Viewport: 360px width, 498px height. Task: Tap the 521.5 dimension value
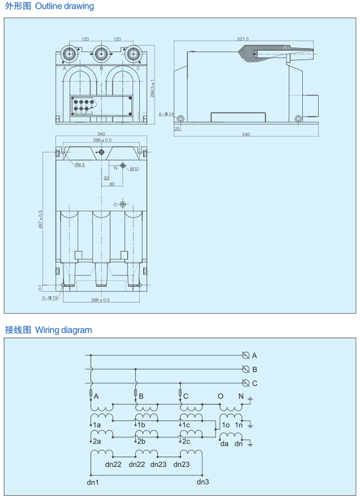[243, 39]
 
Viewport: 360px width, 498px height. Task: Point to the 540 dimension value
[246, 134]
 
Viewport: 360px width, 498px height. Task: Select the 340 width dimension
[101, 134]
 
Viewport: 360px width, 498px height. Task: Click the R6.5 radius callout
[80, 165]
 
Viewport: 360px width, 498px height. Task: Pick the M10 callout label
[135, 169]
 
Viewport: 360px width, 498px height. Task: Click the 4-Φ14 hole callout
[166, 114]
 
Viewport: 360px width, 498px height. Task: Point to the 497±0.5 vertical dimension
[40, 220]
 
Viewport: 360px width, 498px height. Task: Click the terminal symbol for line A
[246, 356]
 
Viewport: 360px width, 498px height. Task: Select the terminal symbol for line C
[246, 383]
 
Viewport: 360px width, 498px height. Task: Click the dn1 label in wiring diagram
[93, 482]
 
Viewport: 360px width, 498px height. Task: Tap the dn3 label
[203, 482]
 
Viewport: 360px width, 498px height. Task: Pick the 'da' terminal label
[224, 444]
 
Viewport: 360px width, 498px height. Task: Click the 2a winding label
[97, 441]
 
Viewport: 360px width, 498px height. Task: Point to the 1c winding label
[186, 425]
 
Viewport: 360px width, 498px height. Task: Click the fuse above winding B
[135, 393]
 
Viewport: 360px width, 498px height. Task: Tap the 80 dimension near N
[112, 184]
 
